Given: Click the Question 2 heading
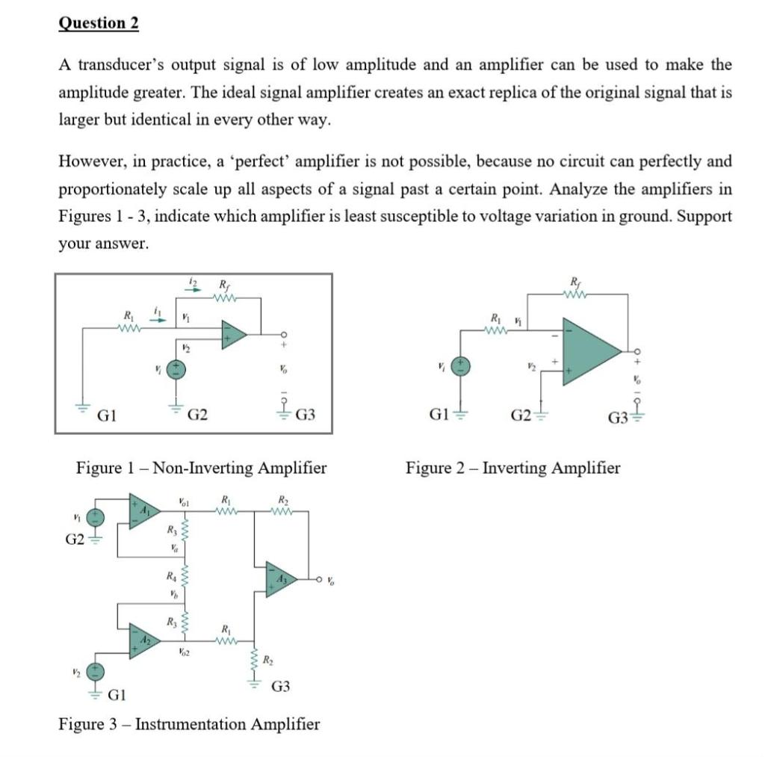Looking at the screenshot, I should (x=98, y=22).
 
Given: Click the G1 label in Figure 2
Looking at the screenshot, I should (x=436, y=415).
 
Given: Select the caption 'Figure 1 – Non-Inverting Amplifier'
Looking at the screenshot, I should (x=201, y=469).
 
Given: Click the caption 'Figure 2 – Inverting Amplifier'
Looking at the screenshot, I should (x=512, y=469).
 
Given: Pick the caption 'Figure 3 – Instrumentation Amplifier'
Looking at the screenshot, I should (x=189, y=724).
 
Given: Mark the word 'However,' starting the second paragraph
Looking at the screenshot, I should (x=89, y=161).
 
